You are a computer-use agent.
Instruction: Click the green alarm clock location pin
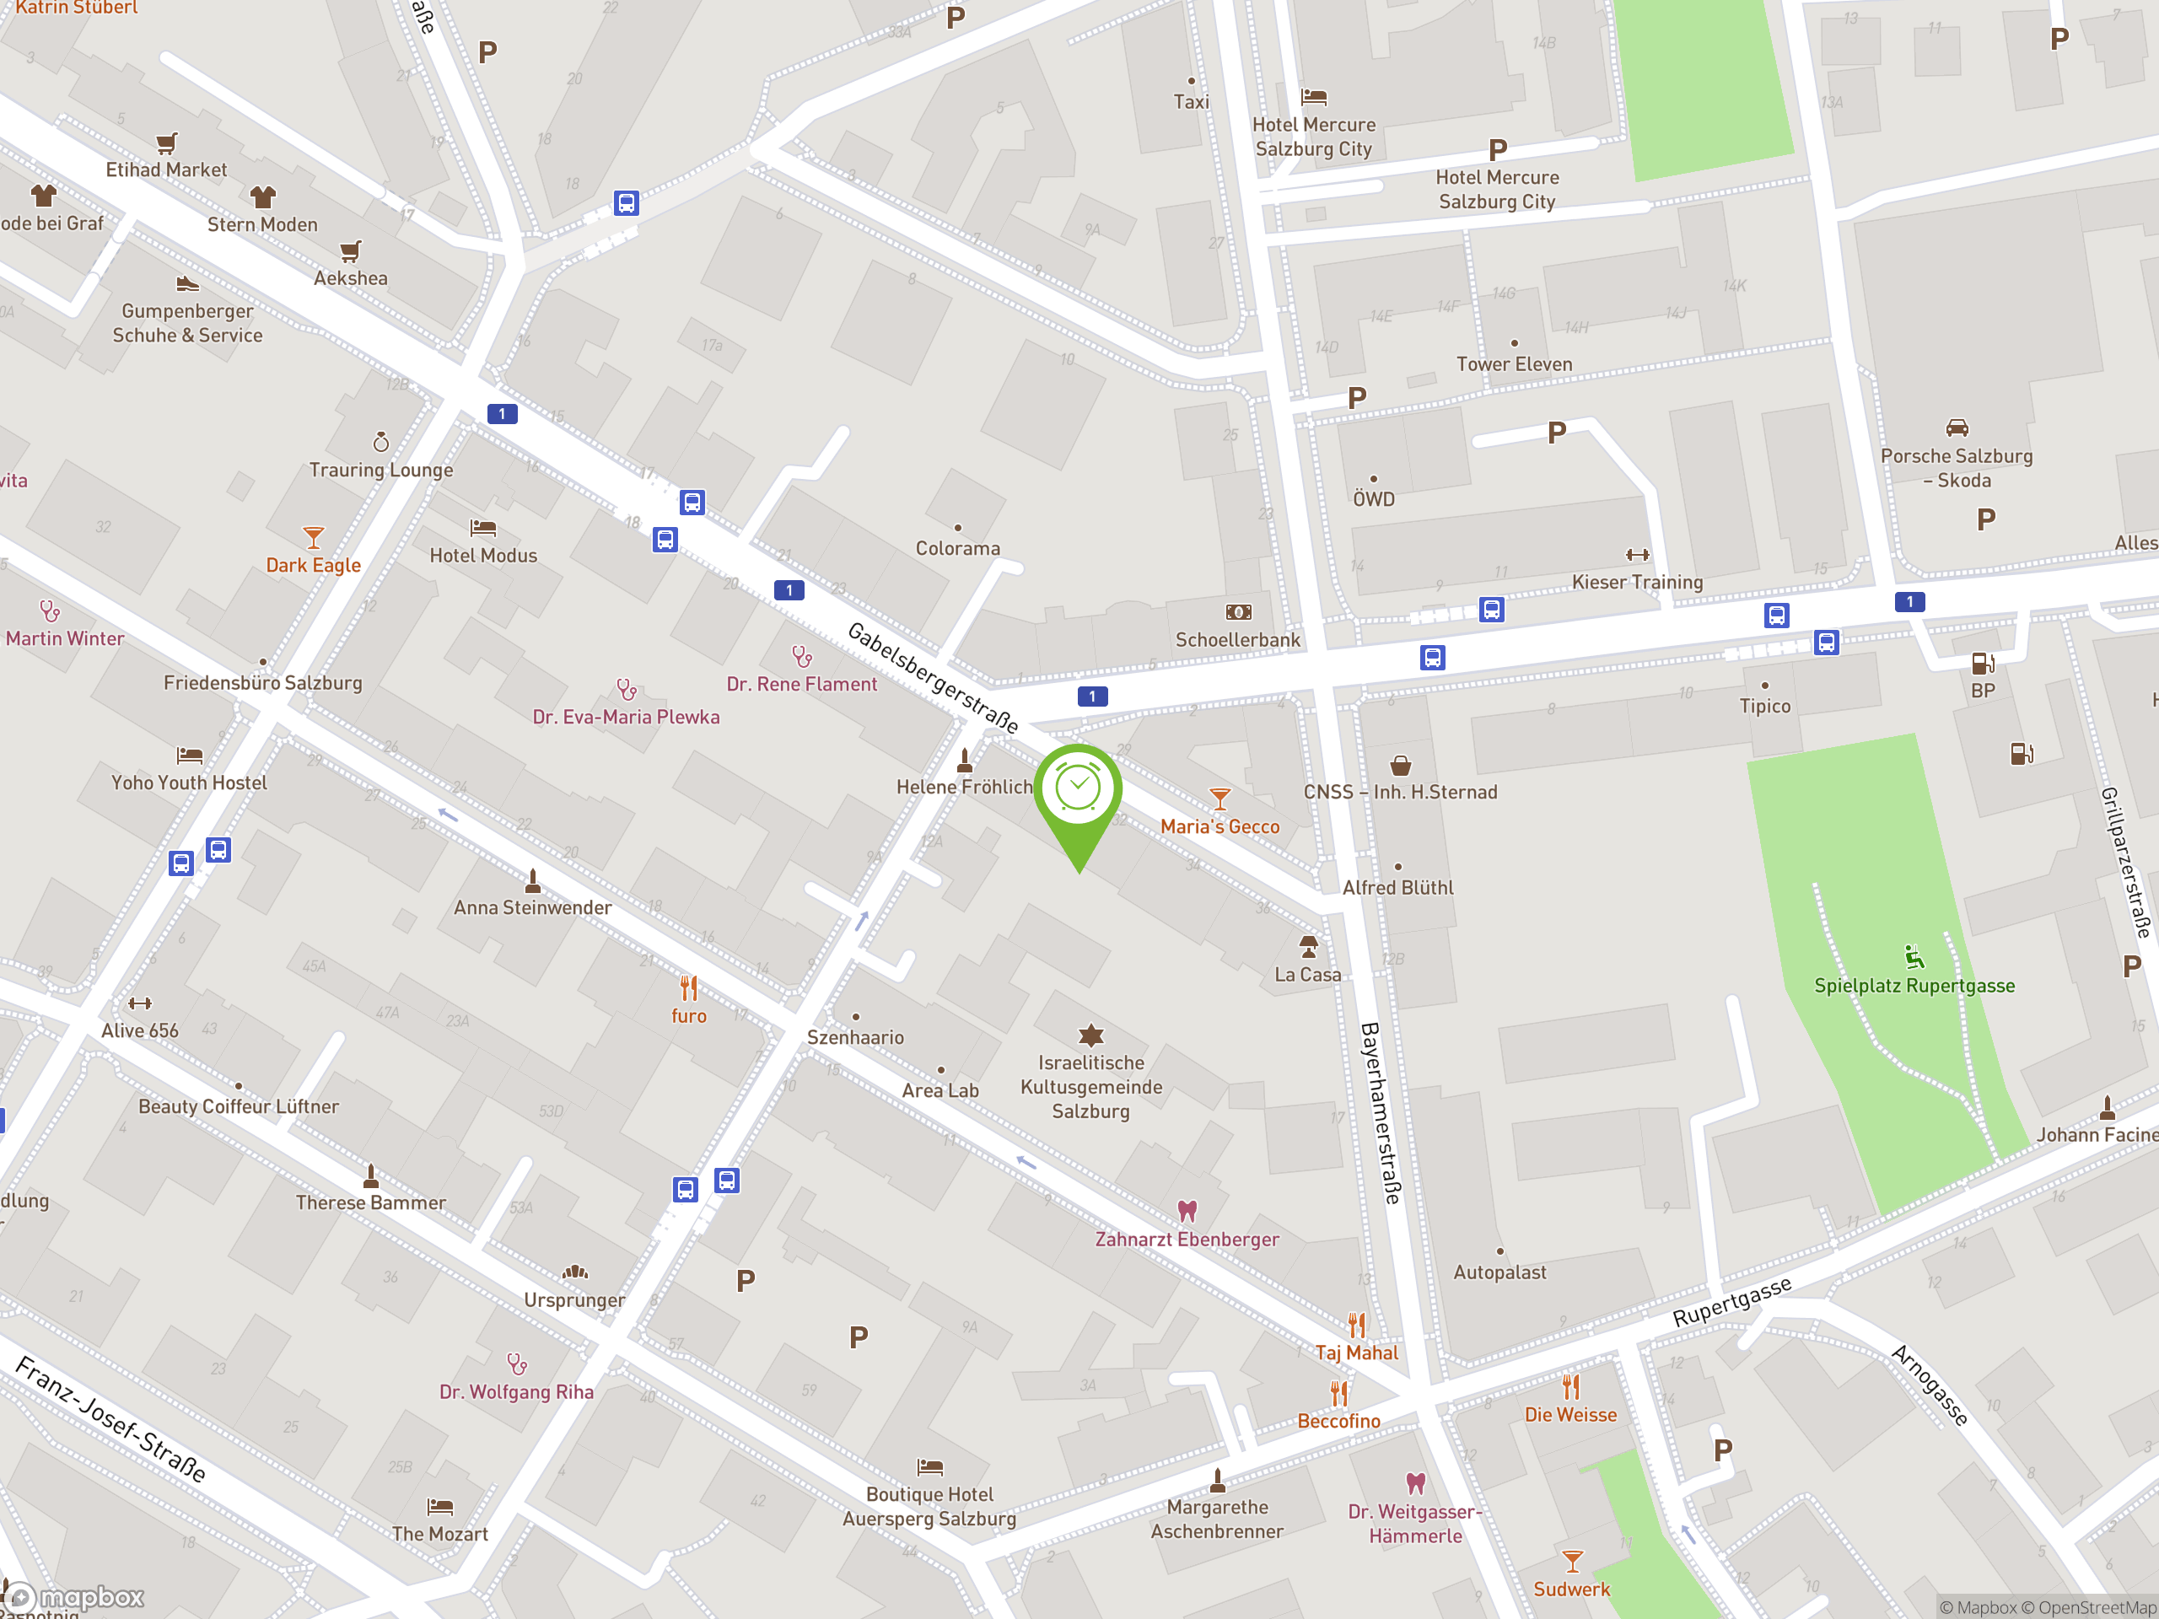tap(1078, 790)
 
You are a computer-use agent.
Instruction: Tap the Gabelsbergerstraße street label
tap(932, 677)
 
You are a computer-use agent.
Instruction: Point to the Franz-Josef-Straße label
tap(111, 1419)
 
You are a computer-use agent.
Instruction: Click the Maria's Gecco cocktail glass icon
tap(1219, 799)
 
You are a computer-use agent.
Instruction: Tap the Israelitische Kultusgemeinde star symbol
tap(1090, 1035)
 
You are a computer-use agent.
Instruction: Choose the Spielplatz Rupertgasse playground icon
tap(1914, 956)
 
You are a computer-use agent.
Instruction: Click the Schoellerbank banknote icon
tap(1237, 612)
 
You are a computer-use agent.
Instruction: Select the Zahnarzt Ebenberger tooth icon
tap(1187, 1211)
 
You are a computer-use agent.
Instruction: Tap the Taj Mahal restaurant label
tap(1356, 1353)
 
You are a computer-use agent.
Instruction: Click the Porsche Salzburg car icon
tap(1957, 428)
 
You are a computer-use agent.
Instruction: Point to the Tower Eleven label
tap(1514, 364)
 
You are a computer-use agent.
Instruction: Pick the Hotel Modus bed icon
tap(483, 528)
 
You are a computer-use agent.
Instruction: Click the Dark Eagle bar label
tap(314, 565)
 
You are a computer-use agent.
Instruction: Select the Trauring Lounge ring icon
tap(380, 442)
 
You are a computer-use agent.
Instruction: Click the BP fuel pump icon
tap(1983, 664)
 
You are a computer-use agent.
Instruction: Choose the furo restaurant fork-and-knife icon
tap(689, 988)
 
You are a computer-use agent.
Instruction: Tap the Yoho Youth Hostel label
tap(188, 783)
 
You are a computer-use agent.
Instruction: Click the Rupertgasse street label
tap(1731, 1301)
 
